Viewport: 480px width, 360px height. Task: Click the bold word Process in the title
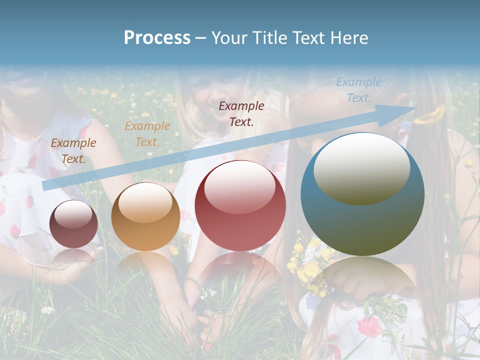pyautogui.click(x=157, y=38)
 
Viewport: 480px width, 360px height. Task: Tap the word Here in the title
pyautogui.click(x=350, y=38)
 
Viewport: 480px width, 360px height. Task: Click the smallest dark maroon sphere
pyautogui.click(x=74, y=224)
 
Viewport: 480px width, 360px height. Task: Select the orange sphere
pyautogui.click(x=145, y=216)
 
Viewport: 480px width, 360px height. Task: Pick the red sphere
pyautogui.click(x=240, y=205)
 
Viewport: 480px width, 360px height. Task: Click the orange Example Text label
pyautogui.click(x=147, y=134)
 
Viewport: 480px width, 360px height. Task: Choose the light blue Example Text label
pyautogui.click(x=359, y=90)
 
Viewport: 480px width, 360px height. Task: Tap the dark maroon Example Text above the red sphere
pyautogui.click(x=241, y=113)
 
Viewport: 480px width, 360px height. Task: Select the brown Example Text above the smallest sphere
pyautogui.click(x=73, y=151)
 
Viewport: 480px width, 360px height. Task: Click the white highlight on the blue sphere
pyautogui.click(x=361, y=168)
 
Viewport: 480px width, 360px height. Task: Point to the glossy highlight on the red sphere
pyautogui.click(x=240, y=186)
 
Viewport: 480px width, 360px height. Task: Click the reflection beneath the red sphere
pyautogui.click(x=240, y=270)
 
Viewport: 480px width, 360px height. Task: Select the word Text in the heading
pyautogui.click(x=312, y=38)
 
